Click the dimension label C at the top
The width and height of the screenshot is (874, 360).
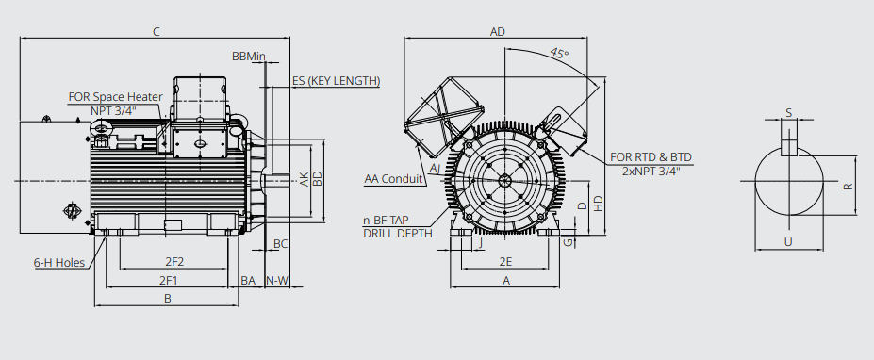click(x=157, y=32)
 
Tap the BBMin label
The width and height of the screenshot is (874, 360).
click(x=249, y=57)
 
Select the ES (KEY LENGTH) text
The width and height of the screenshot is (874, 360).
click(x=336, y=81)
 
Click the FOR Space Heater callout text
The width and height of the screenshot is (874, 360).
click(x=115, y=97)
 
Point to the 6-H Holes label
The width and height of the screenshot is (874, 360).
click(x=59, y=263)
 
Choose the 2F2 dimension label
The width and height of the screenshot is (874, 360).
click(x=174, y=261)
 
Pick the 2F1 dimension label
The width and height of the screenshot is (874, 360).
click(x=169, y=280)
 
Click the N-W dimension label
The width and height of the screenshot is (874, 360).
click(x=277, y=280)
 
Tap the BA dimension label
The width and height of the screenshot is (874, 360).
click(x=248, y=280)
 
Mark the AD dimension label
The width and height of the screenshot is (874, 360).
click(x=497, y=32)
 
